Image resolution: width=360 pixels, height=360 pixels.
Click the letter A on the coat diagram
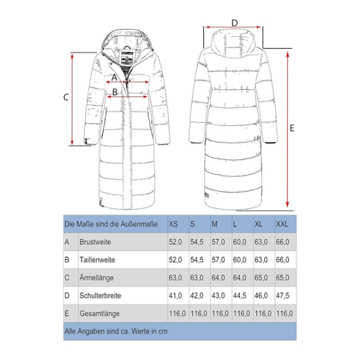tap(114, 77)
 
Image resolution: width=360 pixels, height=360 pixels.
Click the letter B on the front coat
tap(115, 92)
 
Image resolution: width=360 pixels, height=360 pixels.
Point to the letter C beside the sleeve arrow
tap(66, 97)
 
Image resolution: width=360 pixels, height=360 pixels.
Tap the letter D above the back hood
tap(235, 23)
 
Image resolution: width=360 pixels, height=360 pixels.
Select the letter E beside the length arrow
tap(292, 128)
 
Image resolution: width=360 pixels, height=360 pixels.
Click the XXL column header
tap(282, 224)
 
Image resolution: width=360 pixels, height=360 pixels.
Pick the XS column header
tap(174, 224)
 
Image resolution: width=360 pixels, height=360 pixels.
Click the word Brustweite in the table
tap(95, 242)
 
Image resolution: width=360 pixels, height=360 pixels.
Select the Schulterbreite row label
tap(100, 295)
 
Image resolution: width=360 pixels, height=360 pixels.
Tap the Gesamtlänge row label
tap(99, 313)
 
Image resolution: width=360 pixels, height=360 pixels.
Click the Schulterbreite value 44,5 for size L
tap(240, 295)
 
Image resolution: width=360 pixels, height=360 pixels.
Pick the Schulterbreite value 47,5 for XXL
tap(282, 295)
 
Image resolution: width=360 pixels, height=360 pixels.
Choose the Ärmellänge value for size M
tap(218, 278)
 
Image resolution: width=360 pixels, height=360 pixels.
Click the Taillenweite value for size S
tap(197, 260)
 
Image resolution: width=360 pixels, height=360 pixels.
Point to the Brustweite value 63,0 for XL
tap(261, 242)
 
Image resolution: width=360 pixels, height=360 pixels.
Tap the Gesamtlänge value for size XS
tap(177, 313)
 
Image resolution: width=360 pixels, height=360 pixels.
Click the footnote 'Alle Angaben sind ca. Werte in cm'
tap(116, 331)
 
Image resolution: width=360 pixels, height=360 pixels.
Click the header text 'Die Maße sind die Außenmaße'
tap(111, 224)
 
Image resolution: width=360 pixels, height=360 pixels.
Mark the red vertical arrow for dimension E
tap(287, 130)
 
